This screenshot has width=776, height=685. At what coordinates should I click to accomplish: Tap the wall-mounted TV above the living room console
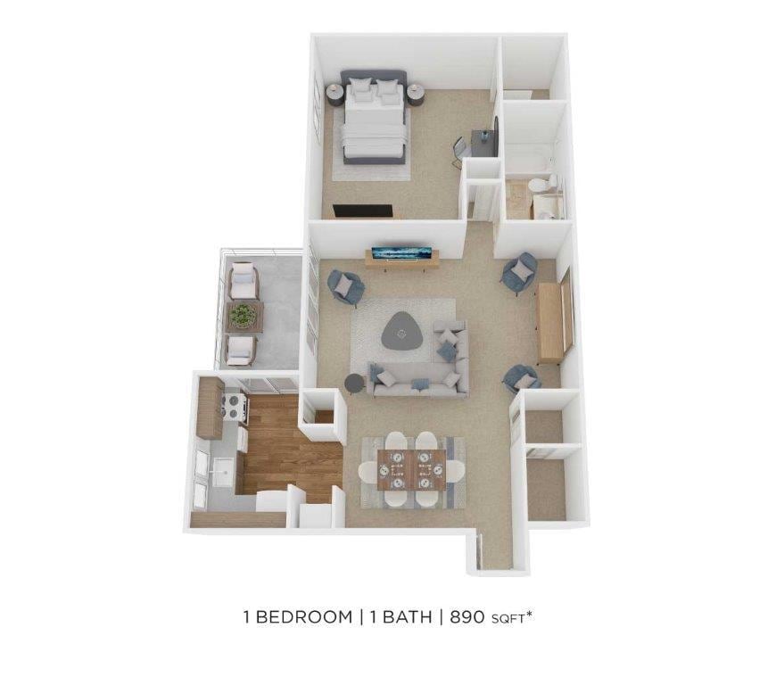click(401, 252)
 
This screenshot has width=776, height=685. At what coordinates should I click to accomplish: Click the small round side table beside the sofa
click(354, 383)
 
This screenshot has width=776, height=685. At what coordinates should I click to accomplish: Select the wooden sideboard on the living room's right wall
click(551, 321)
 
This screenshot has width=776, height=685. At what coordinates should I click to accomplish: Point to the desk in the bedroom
click(482, 143)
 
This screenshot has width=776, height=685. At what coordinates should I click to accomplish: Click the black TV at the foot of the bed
click(362, 211)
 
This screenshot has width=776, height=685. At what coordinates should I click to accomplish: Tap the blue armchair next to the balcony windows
click(345, 285)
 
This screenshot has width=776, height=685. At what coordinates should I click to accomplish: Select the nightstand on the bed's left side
click(334, 91)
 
